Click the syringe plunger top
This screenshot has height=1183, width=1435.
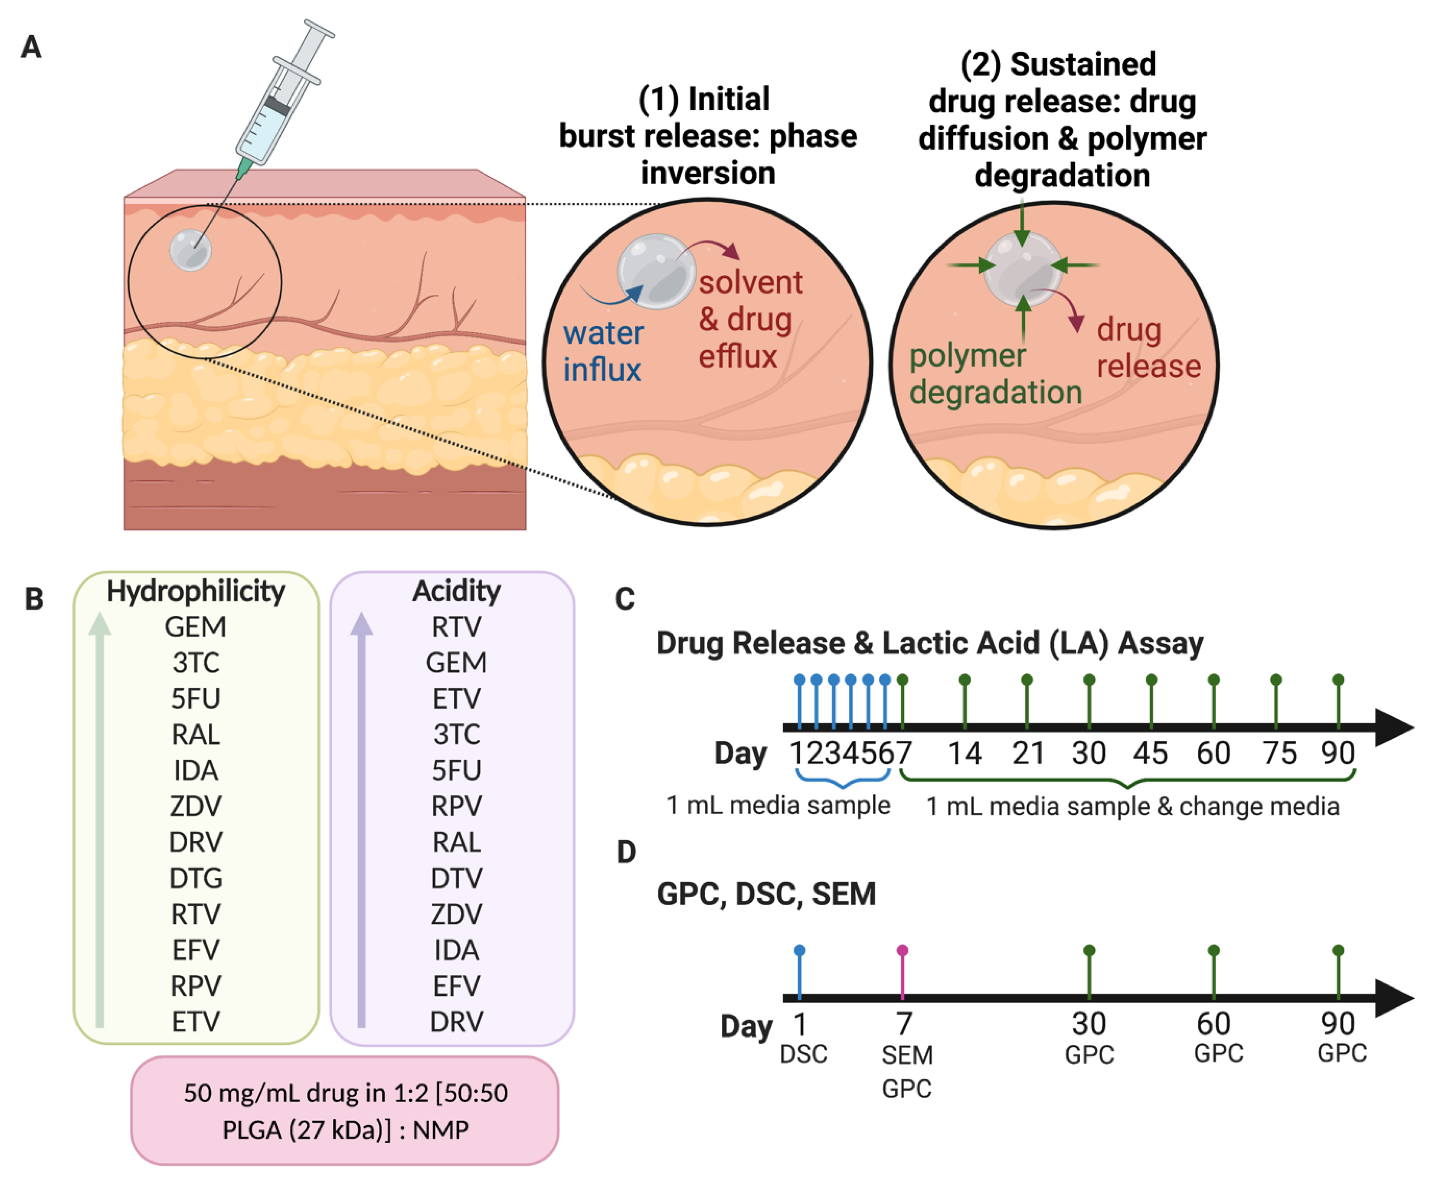pyautogui.click(x=319, y=29)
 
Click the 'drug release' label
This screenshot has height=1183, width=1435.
pyautogui.click(x=1148, y=348)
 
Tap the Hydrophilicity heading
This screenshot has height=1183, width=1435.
pyautogui.click(x=196, y=591)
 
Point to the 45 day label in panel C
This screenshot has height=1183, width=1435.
pyautogui.click(x=1150, y=753)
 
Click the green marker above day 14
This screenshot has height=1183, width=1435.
pyautogui.click(x=964, y=680)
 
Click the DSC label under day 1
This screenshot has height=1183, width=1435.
pyautogui.click(x=803, y=1054)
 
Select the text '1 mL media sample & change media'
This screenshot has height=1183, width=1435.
pyautogui.click(x=1132, y=806)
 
